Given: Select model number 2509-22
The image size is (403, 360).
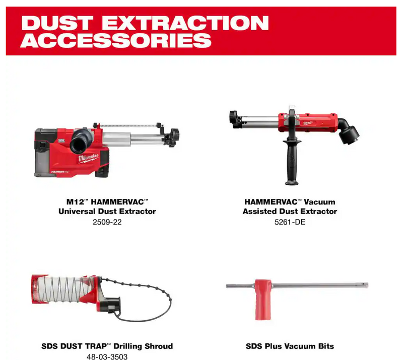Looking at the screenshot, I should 106,222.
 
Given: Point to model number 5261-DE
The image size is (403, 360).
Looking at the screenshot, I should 290,222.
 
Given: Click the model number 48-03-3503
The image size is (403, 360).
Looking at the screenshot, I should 106,357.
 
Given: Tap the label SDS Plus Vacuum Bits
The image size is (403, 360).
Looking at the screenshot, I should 290,346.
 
